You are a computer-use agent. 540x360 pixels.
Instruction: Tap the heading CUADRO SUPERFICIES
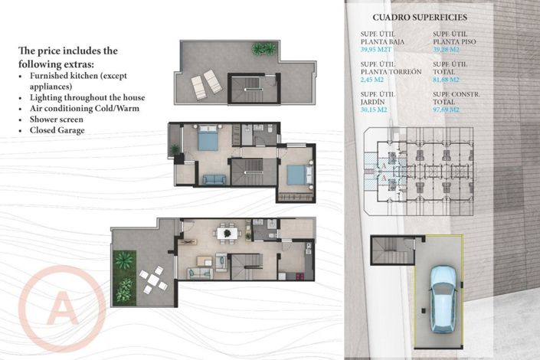[x=419, y=16]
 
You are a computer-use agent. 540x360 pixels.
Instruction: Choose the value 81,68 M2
[x=448, y=79]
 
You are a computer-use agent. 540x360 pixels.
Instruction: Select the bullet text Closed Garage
[x=58, y=130]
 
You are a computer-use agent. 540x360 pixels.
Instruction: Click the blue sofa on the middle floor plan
[x=214, y=179]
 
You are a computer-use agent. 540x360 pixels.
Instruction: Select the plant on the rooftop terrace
[x=263, y=49]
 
